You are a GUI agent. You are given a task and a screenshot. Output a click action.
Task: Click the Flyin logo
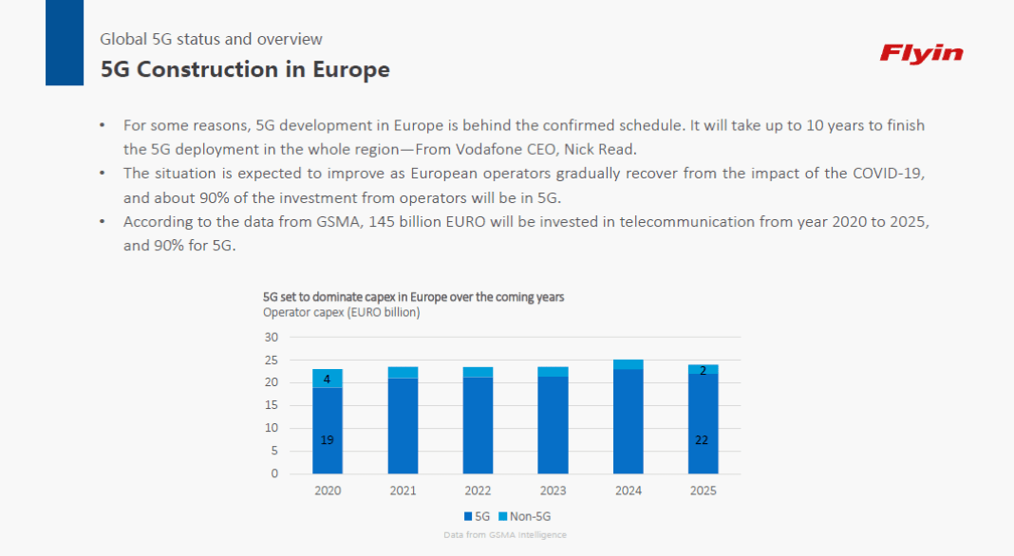point(921,53)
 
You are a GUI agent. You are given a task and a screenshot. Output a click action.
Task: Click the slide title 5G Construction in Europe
point(245,69)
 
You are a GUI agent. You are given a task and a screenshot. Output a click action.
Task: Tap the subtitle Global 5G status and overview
point(211,39)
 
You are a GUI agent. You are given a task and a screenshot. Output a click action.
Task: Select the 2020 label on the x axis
point(328,491)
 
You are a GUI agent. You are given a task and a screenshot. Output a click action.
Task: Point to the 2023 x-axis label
point(553,491)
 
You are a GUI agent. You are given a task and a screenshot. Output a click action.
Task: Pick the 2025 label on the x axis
point(703,491)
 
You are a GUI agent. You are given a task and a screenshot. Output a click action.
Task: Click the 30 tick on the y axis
point(272,337)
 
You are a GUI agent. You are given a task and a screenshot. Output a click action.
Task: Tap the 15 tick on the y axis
point(272,405)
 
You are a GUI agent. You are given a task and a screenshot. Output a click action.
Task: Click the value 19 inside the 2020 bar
point(327,439)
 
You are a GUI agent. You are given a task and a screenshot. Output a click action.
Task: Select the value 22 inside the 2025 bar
point(703,439)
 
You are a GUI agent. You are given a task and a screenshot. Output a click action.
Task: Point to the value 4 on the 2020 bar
point(327,379)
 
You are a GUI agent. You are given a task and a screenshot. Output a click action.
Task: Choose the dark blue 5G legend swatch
point(468,516)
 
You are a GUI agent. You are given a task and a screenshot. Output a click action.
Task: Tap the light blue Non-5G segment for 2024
point(628,364)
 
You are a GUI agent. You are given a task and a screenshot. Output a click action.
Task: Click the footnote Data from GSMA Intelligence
point(505,535)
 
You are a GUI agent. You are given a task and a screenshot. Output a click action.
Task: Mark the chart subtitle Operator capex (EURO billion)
point(341,312)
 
